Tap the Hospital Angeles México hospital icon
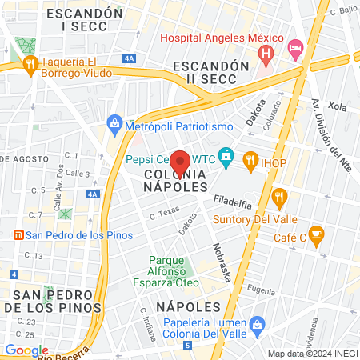tap(266, 53)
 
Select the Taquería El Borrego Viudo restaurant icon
tap(31, 64)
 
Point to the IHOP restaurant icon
tap(250, 159)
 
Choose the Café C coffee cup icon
tap(317, 235)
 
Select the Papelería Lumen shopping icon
tap(258, 324)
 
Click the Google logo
tap(26, 350)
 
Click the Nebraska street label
tap(222, 262)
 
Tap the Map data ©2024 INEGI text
tap(312, 353)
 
